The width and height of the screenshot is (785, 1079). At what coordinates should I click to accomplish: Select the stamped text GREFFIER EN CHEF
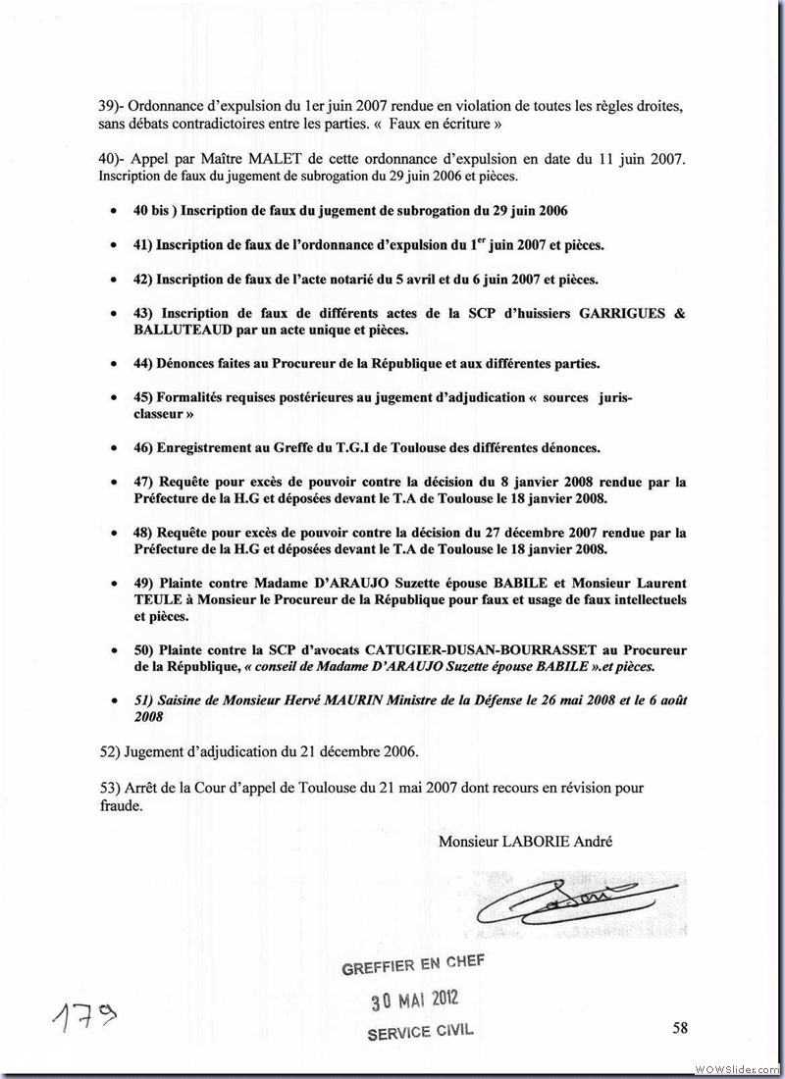coord(412,964)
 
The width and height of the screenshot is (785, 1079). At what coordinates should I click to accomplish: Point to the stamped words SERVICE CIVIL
coord(423,1032)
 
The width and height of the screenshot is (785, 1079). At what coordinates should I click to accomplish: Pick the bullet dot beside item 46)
coord(116,447)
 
